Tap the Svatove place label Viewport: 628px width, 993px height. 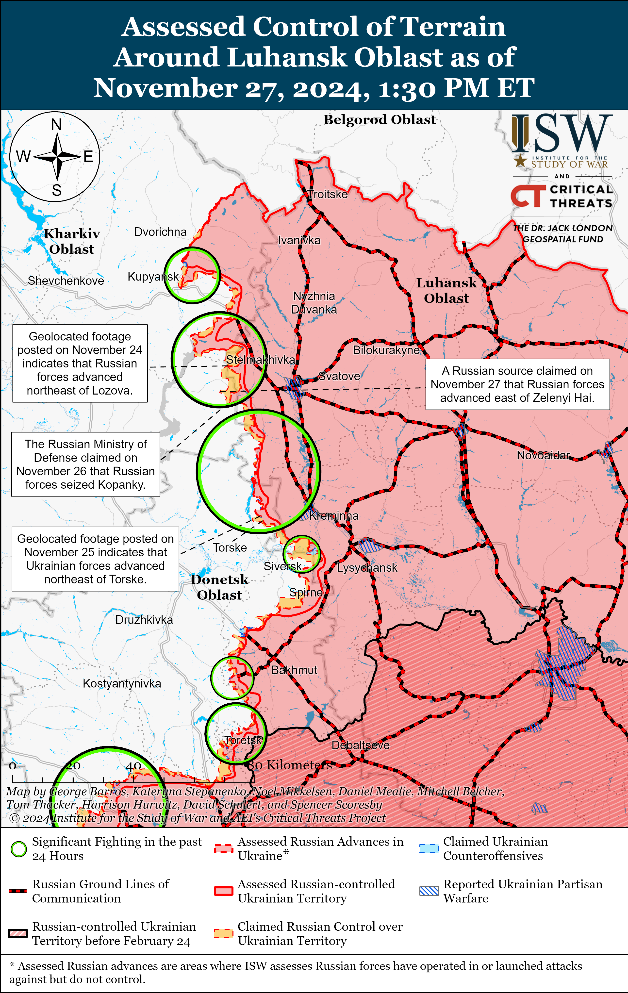[339, 376]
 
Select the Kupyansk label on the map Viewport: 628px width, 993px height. [153, 277]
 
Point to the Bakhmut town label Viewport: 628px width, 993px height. [294, 670]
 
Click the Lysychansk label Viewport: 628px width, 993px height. [367, 568]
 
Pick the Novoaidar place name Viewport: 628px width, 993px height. [543, 455]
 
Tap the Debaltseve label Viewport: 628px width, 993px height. [360, 745]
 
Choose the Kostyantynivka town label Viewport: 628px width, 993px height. [122, 684]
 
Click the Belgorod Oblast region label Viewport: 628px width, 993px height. [379, 120]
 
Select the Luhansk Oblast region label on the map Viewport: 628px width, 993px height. [446, 290]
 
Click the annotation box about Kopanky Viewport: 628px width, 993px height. [85, 464]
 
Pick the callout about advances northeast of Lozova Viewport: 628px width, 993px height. [80, 363]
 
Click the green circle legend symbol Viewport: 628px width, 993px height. [18, 849]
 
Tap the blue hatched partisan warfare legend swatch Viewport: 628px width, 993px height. [429, 891]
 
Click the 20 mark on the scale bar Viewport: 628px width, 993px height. [73, 766]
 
